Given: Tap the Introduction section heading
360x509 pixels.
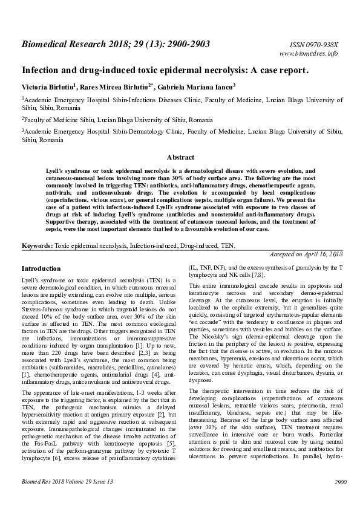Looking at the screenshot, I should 41,268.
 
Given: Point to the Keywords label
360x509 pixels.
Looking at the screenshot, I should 37,246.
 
